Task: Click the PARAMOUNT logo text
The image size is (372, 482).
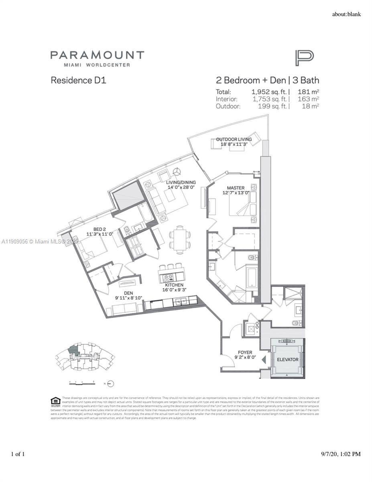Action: pos(97,55)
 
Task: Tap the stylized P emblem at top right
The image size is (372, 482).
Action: pos(304,57)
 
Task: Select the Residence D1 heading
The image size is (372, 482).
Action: pos(78,80)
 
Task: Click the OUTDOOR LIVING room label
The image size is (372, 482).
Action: pos(234,139)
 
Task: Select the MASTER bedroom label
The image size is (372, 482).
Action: pos(236,188)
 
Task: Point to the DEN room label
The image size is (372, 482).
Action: pos(128,293)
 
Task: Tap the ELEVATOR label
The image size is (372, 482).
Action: pos(288,359)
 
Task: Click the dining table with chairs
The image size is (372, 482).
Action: pos(180,239)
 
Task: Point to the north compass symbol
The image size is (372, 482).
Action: pos(110,383)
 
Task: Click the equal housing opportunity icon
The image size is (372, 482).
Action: pos(55,401)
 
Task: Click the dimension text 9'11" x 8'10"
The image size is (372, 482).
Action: pos(128,298)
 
